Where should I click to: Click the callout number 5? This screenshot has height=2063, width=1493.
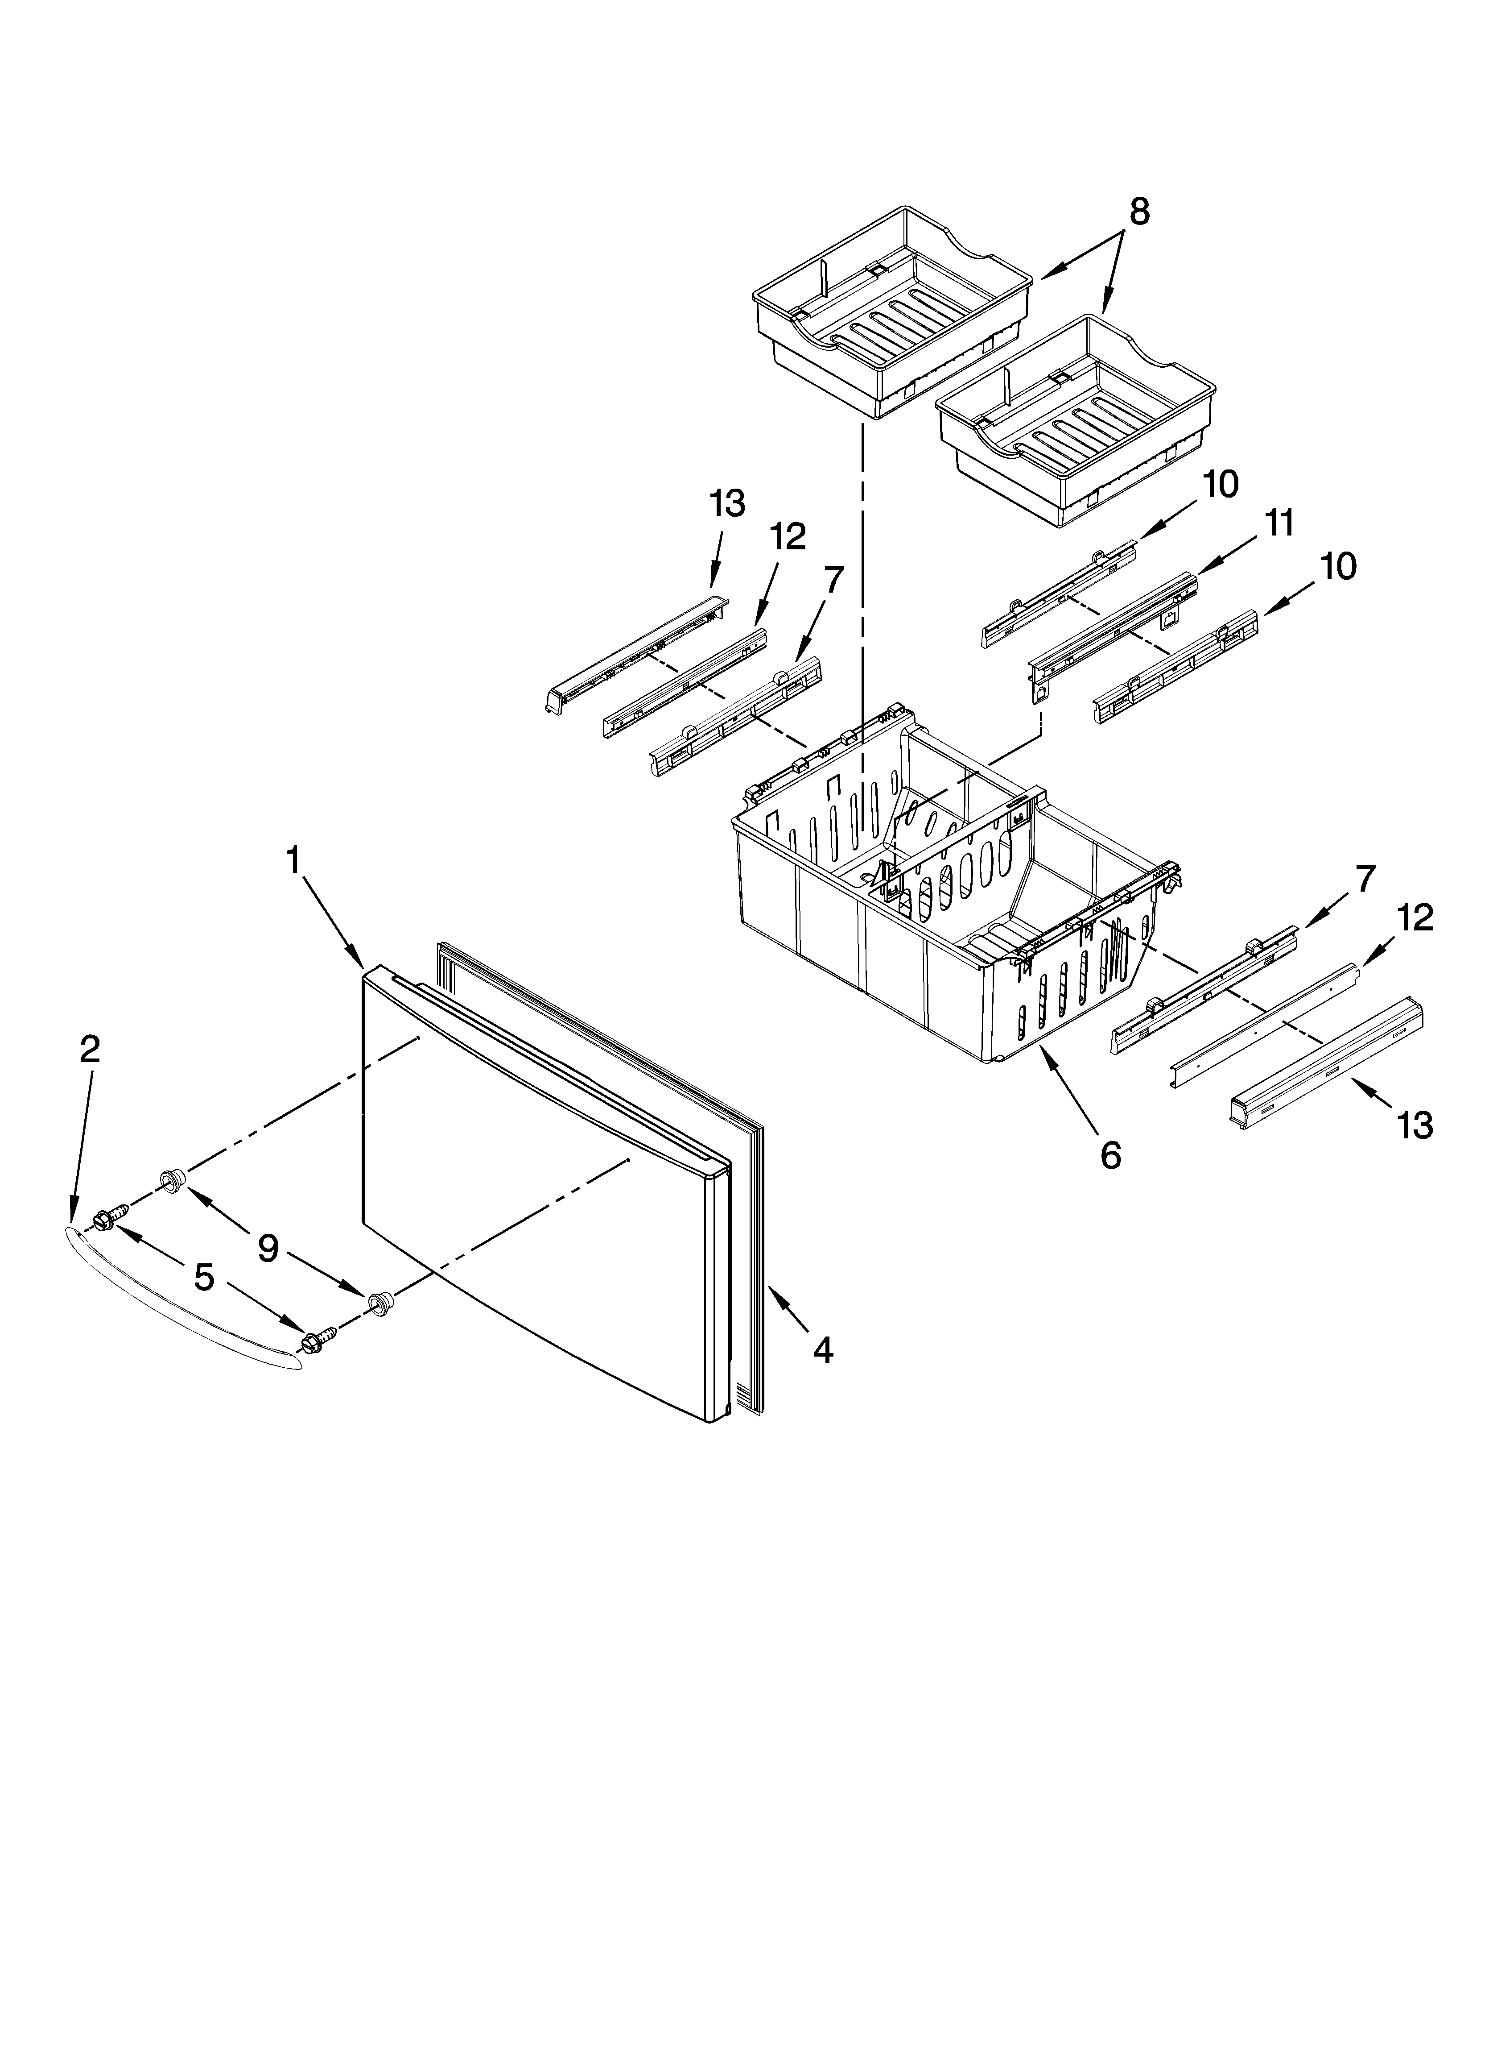coord(204,1278)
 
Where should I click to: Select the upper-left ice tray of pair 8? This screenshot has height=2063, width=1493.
coord(891,314)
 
